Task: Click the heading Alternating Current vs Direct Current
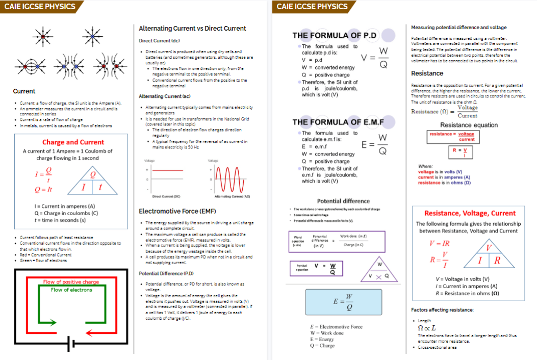pos(192,29)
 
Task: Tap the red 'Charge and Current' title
pos(73,142)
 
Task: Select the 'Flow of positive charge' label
pos(71,282)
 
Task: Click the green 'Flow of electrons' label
pos(71,290)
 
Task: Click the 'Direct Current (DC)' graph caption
pos(167,196)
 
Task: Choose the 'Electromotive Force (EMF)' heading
pos(173,211)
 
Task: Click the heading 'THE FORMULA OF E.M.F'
pos(338,122)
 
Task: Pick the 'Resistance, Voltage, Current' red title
pos(470,213)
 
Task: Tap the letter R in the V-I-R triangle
pos(497,260)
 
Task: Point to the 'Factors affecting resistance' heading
pos(442,310)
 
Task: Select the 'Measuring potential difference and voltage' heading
pos(458,27)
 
